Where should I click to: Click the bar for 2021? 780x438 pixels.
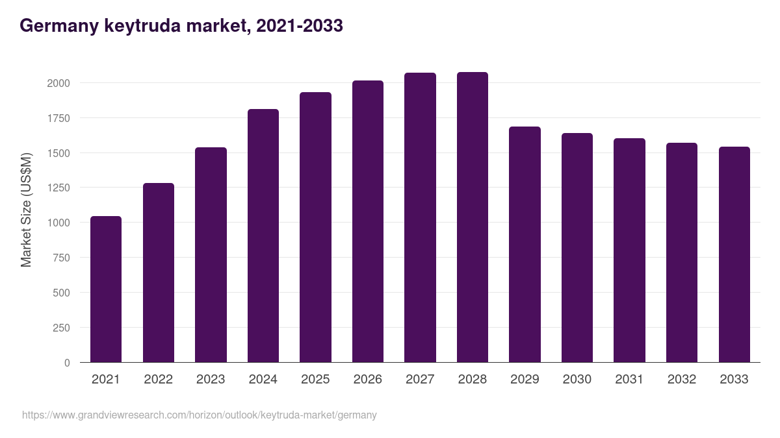coord(106,289)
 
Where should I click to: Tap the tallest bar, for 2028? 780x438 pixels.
coord(473,217)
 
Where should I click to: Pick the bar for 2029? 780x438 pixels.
coord(525,245)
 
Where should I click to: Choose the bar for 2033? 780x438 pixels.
coord(734,254)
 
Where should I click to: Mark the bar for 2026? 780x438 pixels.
coord(368,221)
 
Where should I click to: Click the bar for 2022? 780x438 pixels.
coord(159,273)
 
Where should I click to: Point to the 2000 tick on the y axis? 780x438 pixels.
coord(58,83)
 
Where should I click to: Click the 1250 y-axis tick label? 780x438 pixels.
coord(58,188)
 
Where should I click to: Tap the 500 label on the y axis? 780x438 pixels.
coord(61,293)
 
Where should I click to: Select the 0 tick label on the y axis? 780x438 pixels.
coord(67,363)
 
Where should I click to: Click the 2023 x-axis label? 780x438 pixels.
coord(211,380)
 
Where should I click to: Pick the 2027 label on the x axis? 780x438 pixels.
coord(420,380)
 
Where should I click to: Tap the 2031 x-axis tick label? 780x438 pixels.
coord(629,380)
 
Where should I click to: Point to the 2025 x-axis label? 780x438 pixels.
coord(315,380)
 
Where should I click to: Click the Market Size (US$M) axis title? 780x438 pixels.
coord(26,209)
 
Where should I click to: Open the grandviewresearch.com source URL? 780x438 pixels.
coord(199,415)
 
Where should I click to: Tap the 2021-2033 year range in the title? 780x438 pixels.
coord(300,26)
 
